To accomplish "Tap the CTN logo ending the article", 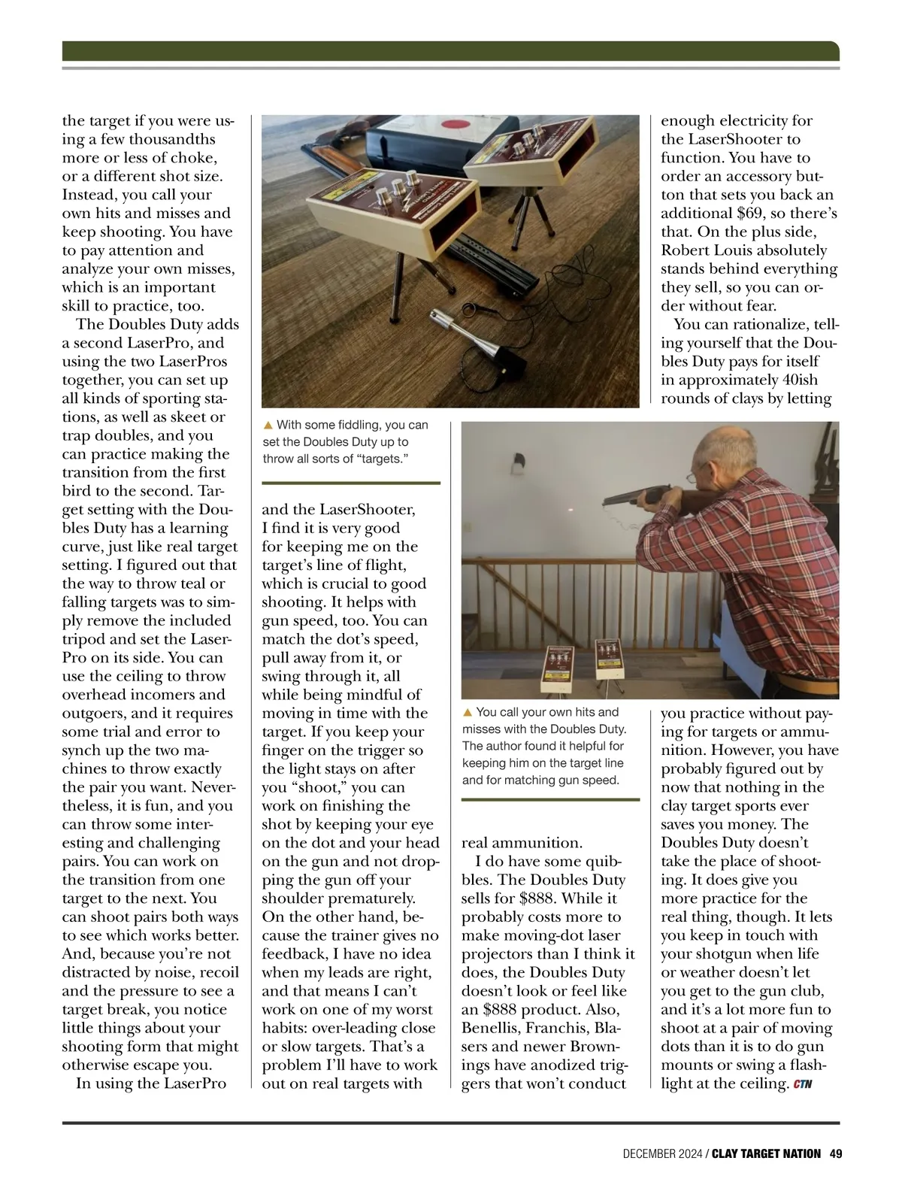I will point(802,1084).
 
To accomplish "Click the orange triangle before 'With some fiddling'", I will point(268,426).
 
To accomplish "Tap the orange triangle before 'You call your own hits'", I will point(467,712).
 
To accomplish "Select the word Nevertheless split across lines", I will point(214,787).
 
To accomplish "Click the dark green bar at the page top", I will point(450,51).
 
